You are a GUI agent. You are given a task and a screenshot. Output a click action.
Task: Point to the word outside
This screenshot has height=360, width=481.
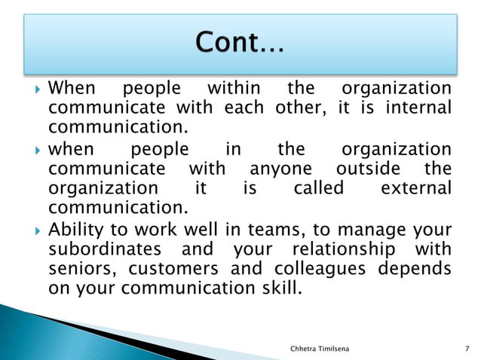pyautogui.click(x=367, y=168)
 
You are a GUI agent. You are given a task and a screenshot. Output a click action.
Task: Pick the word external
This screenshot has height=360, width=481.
pyautogui.click(x=415, y=188)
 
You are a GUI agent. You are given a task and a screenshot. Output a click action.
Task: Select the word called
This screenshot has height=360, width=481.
pyautogui.click(x=317, y=188)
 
